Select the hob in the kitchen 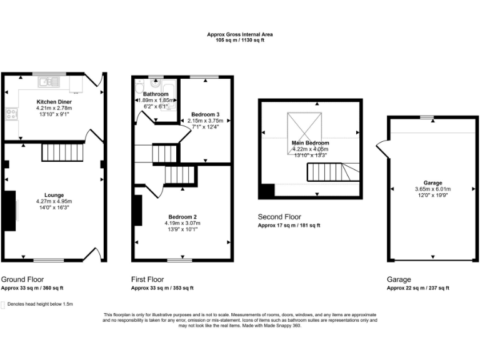click(x=11, y=114)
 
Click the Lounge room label click(x=54, y=195)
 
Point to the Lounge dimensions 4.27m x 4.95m click(x=54, y=201)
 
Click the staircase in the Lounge click(x=62, y=151)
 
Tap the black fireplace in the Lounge click(x=11, y=210)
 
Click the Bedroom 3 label click(x=205, y=114)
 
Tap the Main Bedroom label click(x=310, y=143)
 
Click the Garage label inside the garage click(x=432, y=182)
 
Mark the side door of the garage click(x=381, y=150)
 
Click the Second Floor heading click(x=279, y=217)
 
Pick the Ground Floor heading click(x=22, y=279)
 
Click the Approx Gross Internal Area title click(x=240, y=34)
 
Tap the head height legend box click(x=4, y=304)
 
